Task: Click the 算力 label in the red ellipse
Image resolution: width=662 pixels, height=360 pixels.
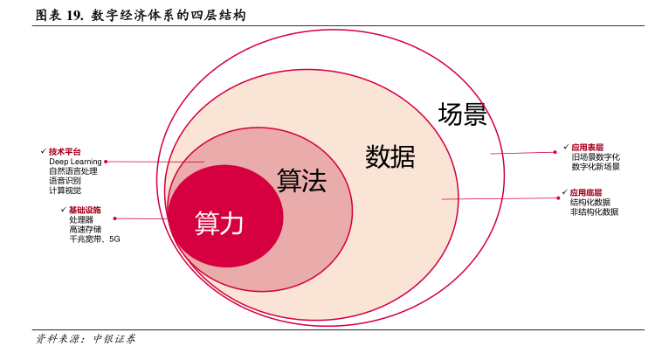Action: (219, 223)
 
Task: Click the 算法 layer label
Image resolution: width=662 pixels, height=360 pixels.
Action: (301, 181)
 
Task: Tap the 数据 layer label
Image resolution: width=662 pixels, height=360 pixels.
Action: (390, 156)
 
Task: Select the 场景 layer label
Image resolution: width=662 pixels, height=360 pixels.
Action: (462, 114)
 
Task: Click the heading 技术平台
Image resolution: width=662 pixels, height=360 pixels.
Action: (65, 152)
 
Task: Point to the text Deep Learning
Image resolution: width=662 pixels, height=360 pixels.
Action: (75, 162)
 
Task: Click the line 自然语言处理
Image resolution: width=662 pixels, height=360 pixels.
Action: (72, 171)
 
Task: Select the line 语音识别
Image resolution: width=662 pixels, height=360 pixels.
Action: (65, 181)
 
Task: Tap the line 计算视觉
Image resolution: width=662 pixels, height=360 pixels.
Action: (65, 190)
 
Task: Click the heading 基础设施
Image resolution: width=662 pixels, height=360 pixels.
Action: (85, 210)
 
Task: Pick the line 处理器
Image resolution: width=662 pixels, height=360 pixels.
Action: (81, 219)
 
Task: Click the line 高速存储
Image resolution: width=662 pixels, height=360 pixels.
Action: (85, 229)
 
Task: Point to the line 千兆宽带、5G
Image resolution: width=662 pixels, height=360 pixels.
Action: (94, 239)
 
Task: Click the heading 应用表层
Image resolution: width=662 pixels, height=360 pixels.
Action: (587, 148)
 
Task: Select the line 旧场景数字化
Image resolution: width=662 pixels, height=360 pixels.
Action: (596, 157)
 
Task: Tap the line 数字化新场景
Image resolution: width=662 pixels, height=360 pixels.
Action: (596, 167)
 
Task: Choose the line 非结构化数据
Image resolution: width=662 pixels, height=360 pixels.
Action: (594, 211)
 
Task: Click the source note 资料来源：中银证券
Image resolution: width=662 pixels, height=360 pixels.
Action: (85, 339)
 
